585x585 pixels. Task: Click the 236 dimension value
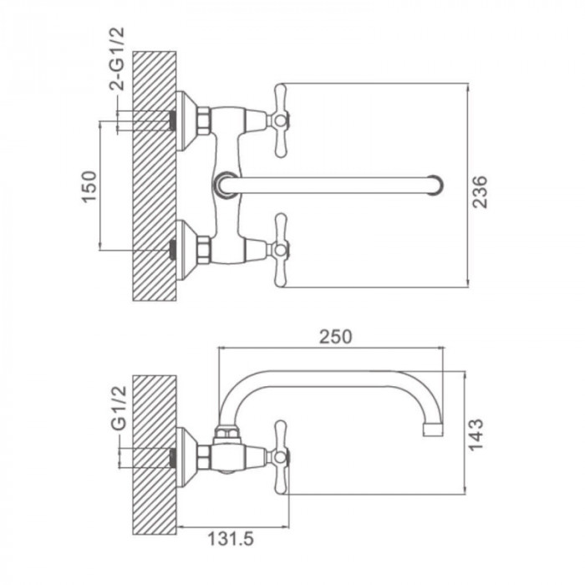click(480, 191)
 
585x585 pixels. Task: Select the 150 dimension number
click(89, 186)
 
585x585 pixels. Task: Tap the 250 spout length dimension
click(335, 337)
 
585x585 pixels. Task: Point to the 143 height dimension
click(476, 435)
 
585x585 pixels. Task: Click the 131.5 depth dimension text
click(230, 539)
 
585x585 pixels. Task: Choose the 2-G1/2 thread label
click(117, 58)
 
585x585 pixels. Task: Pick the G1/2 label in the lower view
click(120, 408)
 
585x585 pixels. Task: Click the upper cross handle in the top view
click(281, 120)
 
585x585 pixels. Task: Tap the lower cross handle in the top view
click(281, 250)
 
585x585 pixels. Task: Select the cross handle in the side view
click(281, 457)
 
